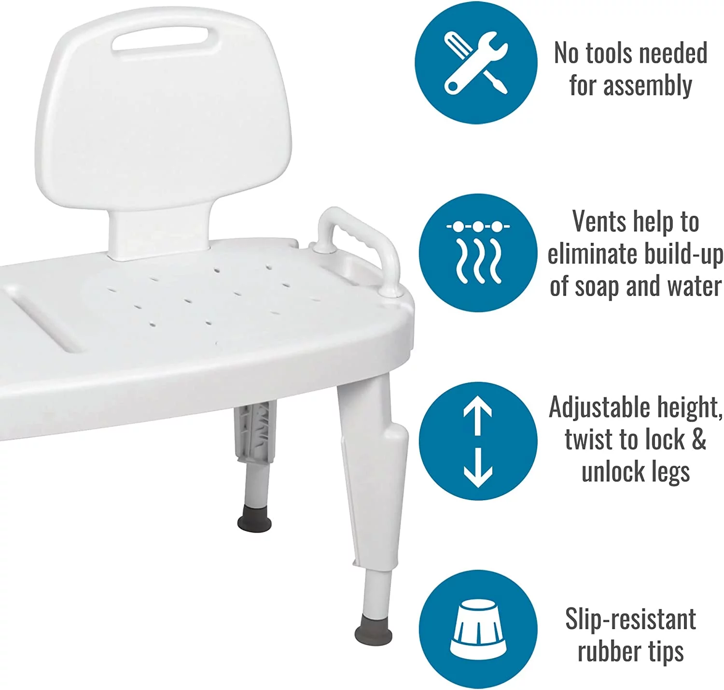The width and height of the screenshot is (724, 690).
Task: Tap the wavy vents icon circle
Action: pos(478,253)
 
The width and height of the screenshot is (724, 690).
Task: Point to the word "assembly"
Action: pos(647,85)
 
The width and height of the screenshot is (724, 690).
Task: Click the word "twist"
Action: pos(589,440)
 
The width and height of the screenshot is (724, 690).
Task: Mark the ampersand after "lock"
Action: pos(699,440)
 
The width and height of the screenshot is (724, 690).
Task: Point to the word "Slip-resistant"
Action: pos(630,619)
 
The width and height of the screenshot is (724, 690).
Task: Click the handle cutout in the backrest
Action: pos(161,38)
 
